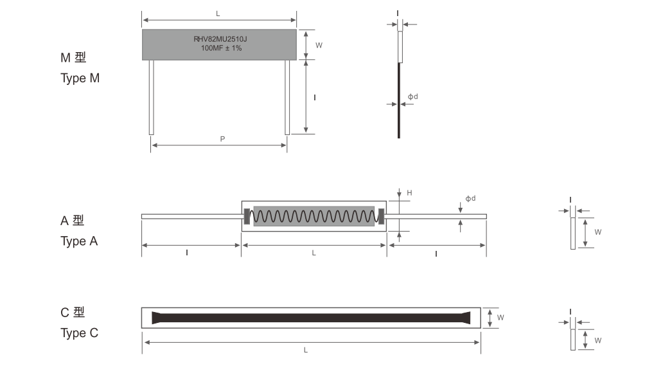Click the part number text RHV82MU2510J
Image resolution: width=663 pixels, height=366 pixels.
tap(220, 39)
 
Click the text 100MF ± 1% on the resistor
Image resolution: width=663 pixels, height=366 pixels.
tap(221, 48)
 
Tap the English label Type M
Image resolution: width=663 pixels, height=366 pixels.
tap(80, 78)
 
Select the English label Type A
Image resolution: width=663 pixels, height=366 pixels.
tap(79, 241)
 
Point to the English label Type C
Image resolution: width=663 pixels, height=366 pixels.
tap(79, 333)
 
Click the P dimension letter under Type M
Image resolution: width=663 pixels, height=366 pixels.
tap(222, 139)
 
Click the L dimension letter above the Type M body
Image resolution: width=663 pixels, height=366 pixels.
tap(218, 14)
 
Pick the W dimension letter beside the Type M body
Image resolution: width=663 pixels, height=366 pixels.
tap(319, 45)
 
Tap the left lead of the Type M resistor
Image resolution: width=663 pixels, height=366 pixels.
tap(152, 97)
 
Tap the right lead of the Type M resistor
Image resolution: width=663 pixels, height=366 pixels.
tap(287, 97)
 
